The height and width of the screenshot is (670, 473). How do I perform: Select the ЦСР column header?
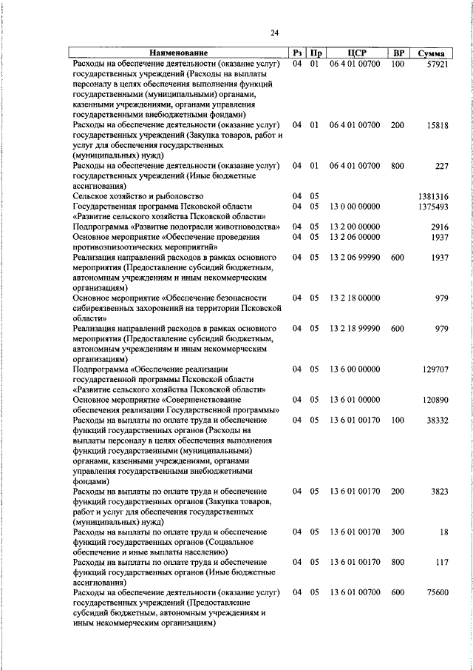click(355, 53)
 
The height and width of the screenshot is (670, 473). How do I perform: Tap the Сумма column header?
click(431, 53)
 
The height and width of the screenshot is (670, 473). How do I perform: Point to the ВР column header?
click(398, 53)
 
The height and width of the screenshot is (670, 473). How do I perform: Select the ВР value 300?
click(398, 532)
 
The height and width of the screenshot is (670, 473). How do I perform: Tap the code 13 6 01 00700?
click(355, 593)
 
